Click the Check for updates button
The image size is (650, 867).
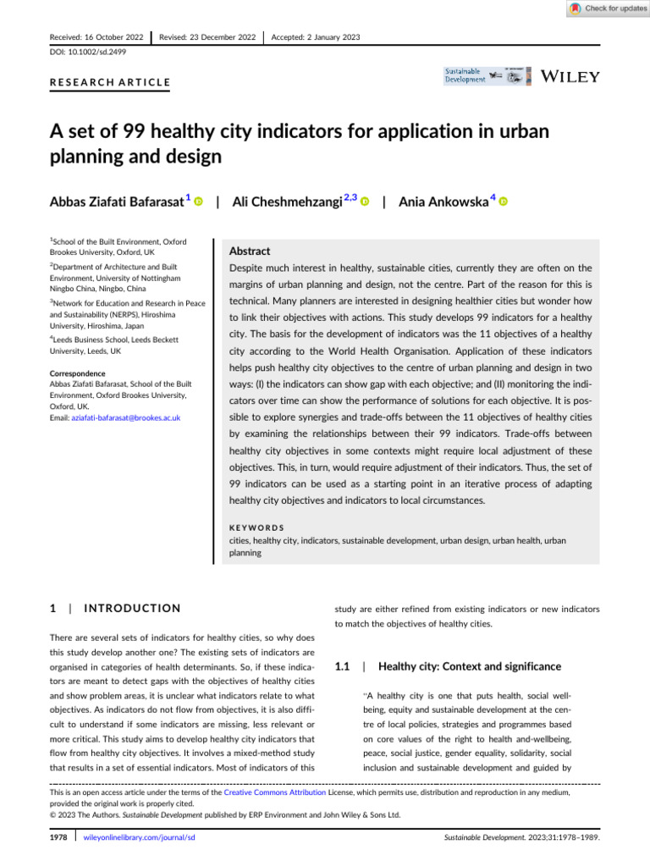607,8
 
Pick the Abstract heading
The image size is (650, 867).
250,251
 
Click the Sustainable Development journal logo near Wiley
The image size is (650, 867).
465,75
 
